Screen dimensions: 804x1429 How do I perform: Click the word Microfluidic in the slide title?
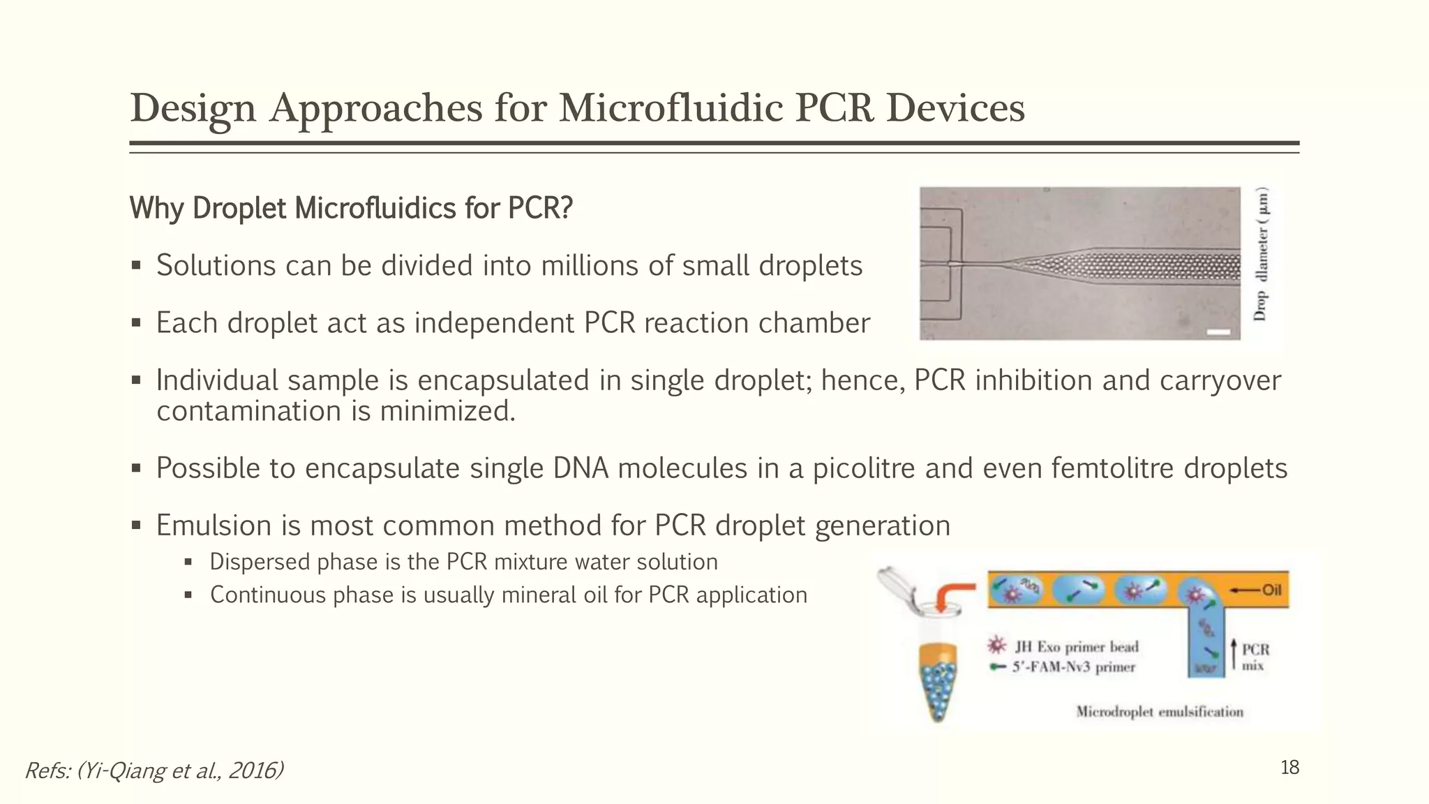[x=670, y=109]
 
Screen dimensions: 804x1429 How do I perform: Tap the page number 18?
[x=1289, y=768]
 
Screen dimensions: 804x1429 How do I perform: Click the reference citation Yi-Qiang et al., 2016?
[x=154, y=770]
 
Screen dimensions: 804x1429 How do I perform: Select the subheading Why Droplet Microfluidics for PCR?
[x=351, y=208]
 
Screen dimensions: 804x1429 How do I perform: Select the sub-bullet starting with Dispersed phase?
[x=463, y=562]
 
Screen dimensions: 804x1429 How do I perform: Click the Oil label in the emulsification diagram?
[x=1271, y=590]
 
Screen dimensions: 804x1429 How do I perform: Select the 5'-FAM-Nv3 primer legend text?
[x=1073, y=667]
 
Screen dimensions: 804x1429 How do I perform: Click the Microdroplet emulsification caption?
[x=1159, y=712]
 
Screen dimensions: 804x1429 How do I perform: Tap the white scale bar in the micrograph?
[x=1218, y=332]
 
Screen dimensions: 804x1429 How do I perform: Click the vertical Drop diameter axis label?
[x=1260, y=255]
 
